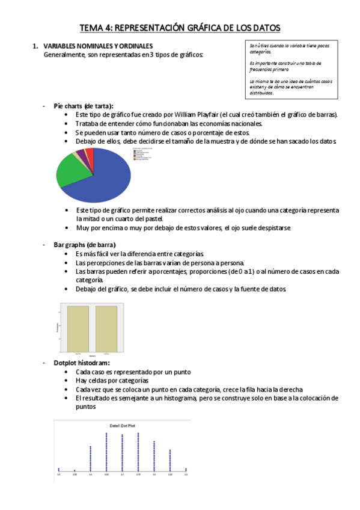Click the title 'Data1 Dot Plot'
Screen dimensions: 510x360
(122, 425)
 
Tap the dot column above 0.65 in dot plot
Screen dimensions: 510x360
(106, 451)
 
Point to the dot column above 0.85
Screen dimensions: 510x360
(170, 460)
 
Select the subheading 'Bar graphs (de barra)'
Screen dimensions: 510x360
(85, 245)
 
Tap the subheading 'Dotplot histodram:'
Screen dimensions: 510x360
(82, 363)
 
